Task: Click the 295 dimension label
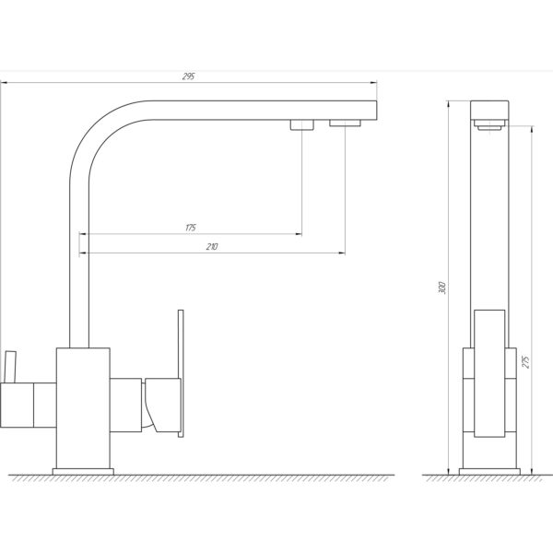[x=189, y=76]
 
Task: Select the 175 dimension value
[x=191, y=228]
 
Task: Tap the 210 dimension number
[x=212, y=247]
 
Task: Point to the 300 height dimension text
[x=442, y=288]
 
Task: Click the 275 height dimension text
[x=526, y=362]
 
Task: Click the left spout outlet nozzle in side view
[x=302, y=124]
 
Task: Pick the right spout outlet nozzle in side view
[x=345, y=124]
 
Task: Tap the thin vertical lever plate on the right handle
[x=181, y=373]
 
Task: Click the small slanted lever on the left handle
[x=10, y=367]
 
